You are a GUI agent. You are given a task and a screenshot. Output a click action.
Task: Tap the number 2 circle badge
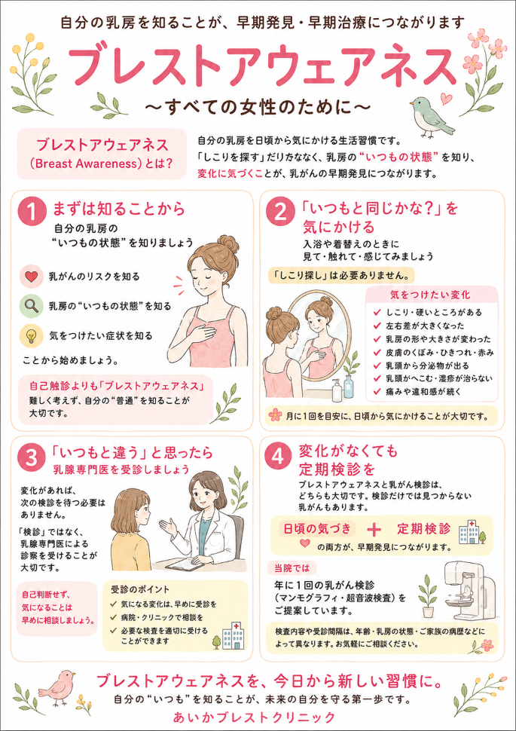point(279,212)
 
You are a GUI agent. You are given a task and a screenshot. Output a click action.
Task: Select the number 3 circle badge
point(32,458)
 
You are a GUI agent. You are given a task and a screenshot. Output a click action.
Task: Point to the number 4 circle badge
point(279,457)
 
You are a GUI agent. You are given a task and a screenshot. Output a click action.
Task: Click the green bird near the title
point(431,118)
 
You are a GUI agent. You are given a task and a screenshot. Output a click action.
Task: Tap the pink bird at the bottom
point(58,687)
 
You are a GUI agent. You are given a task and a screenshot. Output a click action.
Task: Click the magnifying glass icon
point(31,306)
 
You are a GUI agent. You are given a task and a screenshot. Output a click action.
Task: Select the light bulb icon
point(31,335)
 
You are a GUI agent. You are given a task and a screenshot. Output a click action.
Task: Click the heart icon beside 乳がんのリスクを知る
point(31,277)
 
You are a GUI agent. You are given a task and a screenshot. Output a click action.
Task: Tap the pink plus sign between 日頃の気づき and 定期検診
point(374,530)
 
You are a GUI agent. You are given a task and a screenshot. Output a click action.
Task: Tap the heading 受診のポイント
point(140,589)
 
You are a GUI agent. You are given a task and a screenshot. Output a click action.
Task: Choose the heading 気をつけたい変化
point(431,295)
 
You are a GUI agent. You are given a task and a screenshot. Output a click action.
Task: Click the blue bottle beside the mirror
point(349,386)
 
